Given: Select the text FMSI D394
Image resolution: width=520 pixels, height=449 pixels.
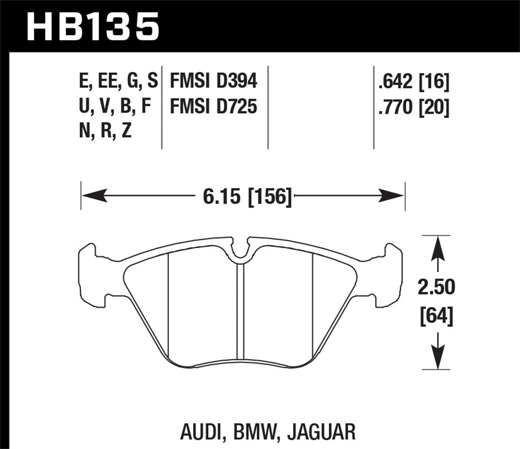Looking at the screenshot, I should tap(213, 81).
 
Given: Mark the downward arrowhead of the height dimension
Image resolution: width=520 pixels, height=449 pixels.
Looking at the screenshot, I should tap(437, 357).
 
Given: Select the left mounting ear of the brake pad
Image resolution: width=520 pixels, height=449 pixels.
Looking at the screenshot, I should tap(91, 274).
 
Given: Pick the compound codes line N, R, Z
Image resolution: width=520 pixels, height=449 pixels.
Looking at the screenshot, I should tap(105, 131).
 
